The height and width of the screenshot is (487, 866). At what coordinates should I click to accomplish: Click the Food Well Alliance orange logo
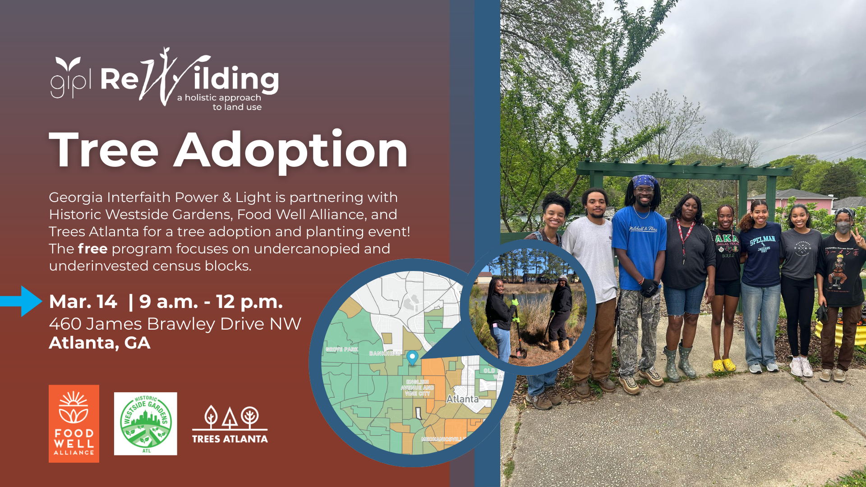[x=74, y=423]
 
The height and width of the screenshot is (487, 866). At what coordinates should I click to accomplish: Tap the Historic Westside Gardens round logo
[x=145, y=423]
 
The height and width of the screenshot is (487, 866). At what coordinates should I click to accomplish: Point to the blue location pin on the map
[x=412, y=358]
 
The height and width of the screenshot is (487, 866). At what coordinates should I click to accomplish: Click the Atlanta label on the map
[x=462, y=399]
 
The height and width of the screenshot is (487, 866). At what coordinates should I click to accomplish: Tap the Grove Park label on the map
[x=342, y=349]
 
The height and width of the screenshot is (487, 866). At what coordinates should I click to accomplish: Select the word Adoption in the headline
[x=291, y=151]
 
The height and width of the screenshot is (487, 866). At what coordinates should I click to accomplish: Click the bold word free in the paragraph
[x=92, y=249]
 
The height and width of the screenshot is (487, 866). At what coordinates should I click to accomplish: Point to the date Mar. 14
[x=83, y=302]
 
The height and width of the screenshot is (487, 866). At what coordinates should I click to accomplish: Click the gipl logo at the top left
[x=70, y=78]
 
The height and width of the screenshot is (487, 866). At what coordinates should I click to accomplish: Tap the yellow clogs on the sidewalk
[x=724, y=364]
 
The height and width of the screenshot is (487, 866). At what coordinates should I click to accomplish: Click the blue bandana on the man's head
[x=644, y=181]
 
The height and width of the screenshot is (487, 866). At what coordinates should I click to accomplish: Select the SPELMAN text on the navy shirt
[x=762, y=240]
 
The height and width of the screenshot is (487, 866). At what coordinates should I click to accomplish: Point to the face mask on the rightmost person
[x=843, y=228]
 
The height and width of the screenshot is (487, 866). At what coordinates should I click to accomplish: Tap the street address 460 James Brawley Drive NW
[x=175, y=324]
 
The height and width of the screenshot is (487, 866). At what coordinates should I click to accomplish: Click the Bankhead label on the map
[x=385, y=353]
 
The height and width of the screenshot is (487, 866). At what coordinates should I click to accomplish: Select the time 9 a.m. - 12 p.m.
[x=211, y=302]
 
